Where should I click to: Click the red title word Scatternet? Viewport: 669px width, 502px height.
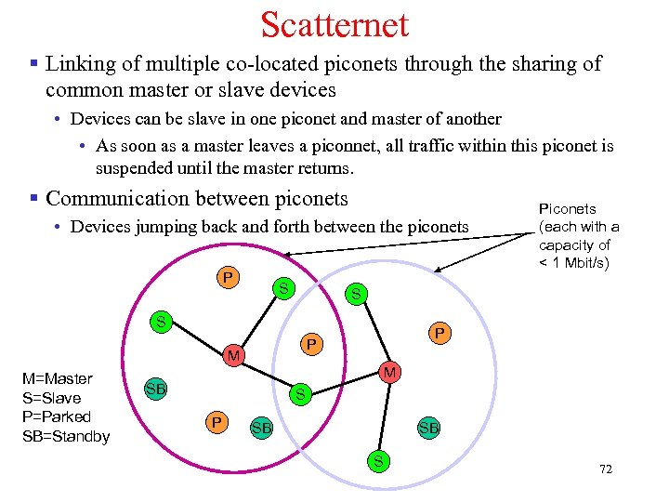tap(334, 25)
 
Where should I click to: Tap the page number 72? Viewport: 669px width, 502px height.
tap(606, 469)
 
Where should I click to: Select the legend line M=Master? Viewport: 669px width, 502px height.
tap(58, 378)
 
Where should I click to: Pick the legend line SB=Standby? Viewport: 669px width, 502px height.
tap(64, 436)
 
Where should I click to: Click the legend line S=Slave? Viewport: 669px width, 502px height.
tap(50, 398)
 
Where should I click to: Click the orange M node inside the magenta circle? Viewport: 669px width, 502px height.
tap(235, 356)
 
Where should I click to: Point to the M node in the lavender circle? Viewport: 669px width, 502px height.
tap(391, 373)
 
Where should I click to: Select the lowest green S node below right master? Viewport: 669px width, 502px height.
tap(378, 458)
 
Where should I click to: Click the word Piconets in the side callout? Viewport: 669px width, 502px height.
tap(568, 208)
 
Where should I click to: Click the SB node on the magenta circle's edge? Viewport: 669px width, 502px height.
tap(155, 388)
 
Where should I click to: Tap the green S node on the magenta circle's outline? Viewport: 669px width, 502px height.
tap(161, 323)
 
